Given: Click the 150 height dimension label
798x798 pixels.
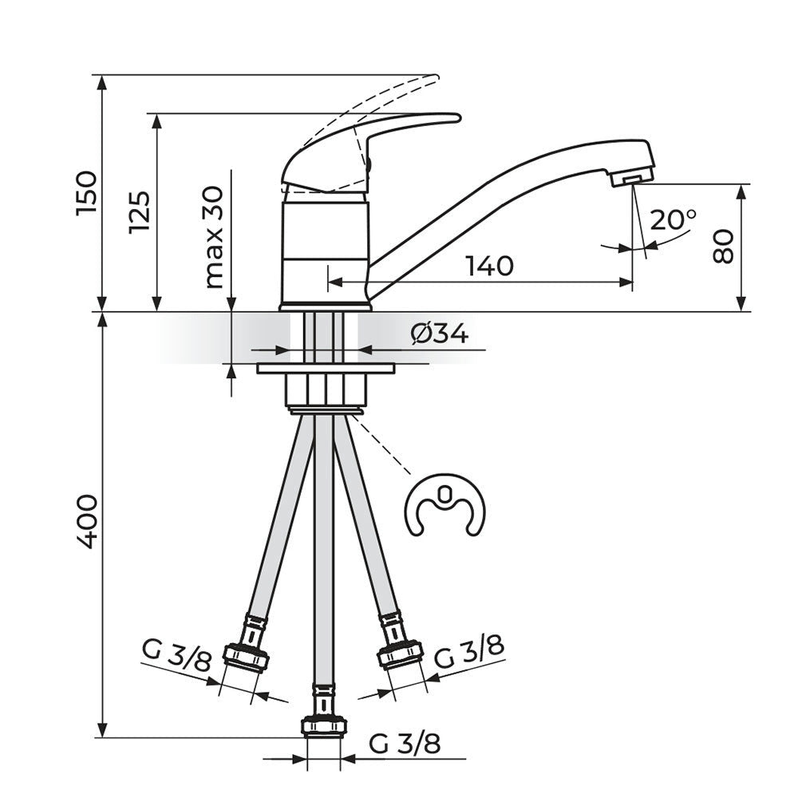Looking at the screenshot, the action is (86, 194).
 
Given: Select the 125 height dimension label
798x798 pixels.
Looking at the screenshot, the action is (140, 212).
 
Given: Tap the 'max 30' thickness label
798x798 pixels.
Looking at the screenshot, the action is (214, 238).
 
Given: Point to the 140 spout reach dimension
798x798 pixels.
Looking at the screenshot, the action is (490, 267).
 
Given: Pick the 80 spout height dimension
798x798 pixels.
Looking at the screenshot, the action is (723, 247).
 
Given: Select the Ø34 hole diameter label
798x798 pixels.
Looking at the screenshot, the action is (439, 334).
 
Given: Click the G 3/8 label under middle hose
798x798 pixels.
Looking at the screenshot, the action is (405, 745).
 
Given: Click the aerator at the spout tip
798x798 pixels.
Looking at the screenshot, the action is (631, 177).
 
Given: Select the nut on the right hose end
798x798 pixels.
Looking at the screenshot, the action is (400, 655).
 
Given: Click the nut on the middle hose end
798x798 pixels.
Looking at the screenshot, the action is (324, 725).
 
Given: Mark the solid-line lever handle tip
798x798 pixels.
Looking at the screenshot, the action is (456, 119).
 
